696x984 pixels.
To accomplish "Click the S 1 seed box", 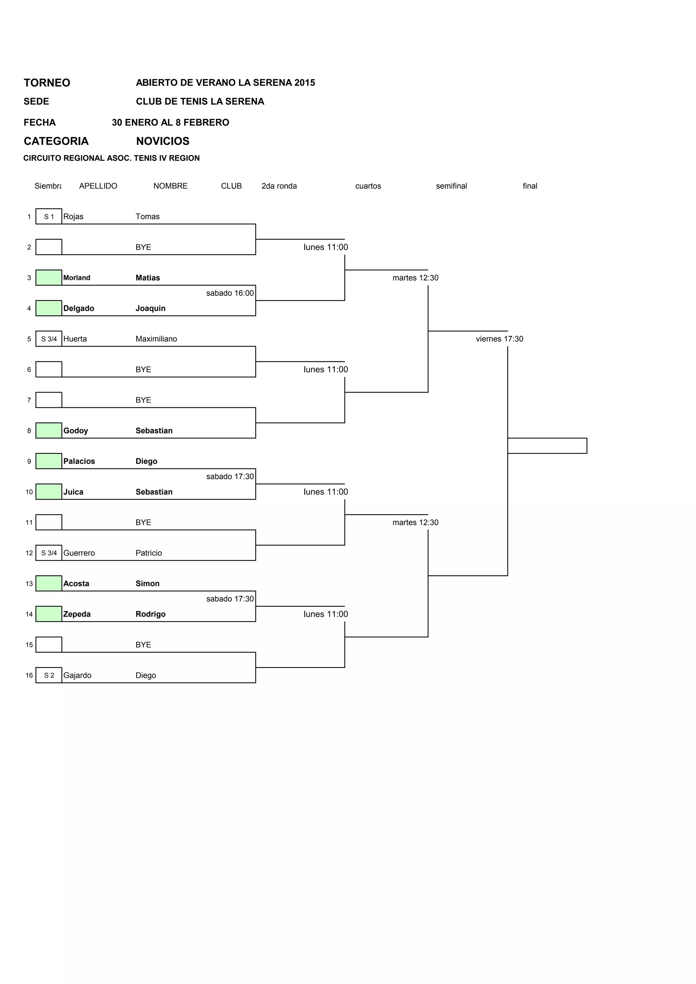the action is click(x=49, y=216).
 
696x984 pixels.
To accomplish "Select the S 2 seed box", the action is click(x=49, y=675).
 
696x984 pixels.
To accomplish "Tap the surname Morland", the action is click(x=77, y=278).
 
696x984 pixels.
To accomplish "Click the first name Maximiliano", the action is click(x=156, y=339).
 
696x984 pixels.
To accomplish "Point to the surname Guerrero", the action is click(x=79, y=553).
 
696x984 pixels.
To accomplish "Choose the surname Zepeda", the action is click(x=77, y=614).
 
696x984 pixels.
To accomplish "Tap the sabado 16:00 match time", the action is click(x=230, y=293).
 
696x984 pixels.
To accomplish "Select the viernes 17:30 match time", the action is click(x=499, y=339).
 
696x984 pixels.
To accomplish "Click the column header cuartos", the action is click(x=368, y=186).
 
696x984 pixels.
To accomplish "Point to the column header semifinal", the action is click(x=451, y=186).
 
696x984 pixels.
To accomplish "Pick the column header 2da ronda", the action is click(x=279, y=186).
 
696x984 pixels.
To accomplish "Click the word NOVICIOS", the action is click(x=162, y=141).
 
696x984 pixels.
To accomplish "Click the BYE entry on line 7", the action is click(x=143, y=400).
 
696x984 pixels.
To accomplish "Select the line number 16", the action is click(x=29, y=675).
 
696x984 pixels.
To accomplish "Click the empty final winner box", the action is click(x=547, y=446).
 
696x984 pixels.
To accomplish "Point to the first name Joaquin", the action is click(x=151, y=308).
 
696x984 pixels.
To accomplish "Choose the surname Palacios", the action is click(x=79, y=461).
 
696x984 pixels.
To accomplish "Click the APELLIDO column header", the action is click(x=98, y=186).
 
